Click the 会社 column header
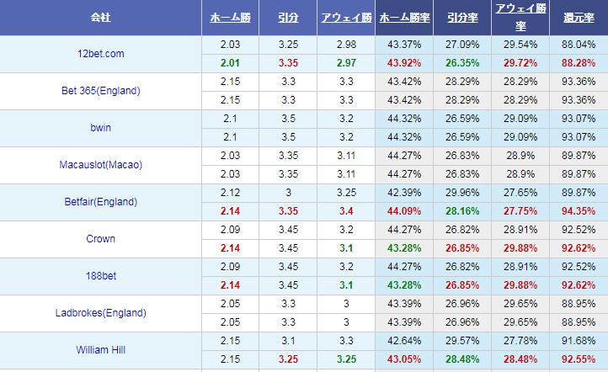tap(101, 18)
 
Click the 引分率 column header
tap(461, 18)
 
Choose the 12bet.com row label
tap(101, 54)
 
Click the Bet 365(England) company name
tap(101, 91)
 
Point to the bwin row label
tap(101, 128)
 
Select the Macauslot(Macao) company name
tap(101, 165)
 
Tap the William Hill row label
tap(101, 350)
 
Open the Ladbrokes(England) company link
tap(101, 313)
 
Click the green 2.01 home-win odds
tap(230, 63)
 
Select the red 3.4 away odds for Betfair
tap(346, 211)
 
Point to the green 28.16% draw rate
tap(461, 211)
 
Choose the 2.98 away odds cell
tap(346, 45)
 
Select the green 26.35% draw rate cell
tap(461, 63)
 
